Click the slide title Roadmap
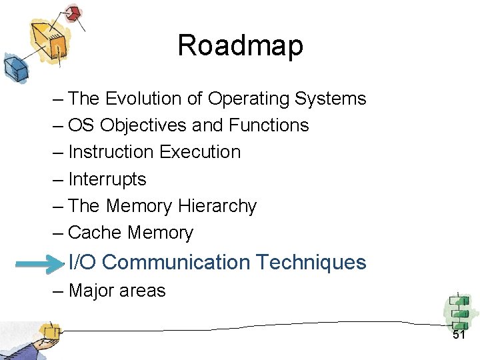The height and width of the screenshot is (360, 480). coord(240,46)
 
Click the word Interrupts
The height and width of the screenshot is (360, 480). coord(107,179)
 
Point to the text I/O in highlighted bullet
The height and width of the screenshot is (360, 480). coord(83,262)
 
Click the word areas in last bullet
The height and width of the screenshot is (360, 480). coord(143,291)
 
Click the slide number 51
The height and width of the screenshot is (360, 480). coord(459,335)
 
